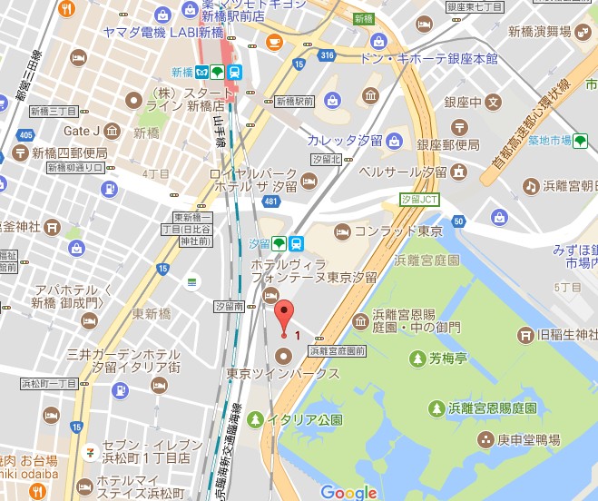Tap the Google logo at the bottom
pos(348,492)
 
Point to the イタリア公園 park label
pos(304,419)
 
